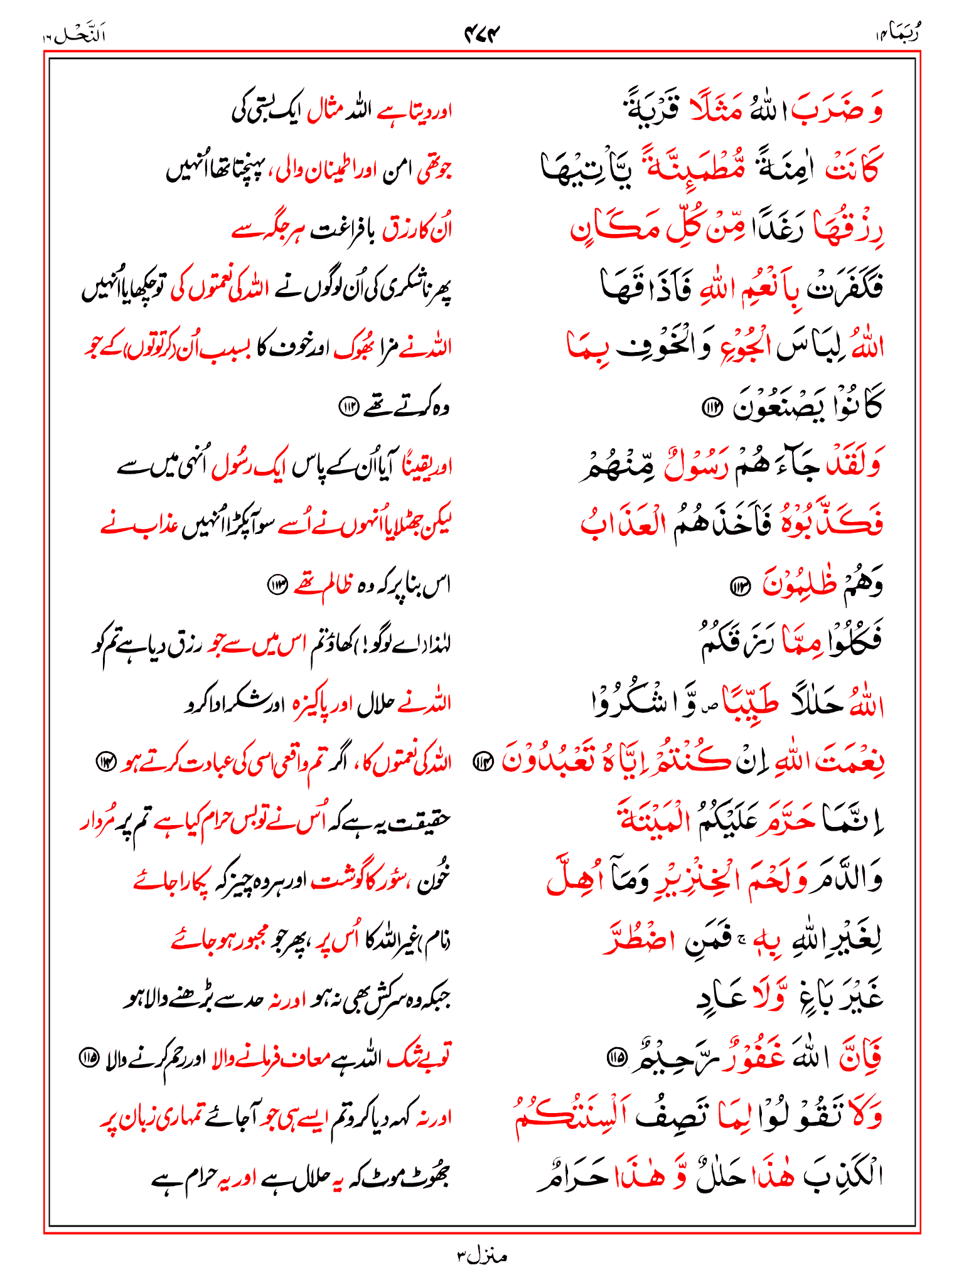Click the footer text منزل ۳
(482, 1256)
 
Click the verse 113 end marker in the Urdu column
(277, 585)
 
